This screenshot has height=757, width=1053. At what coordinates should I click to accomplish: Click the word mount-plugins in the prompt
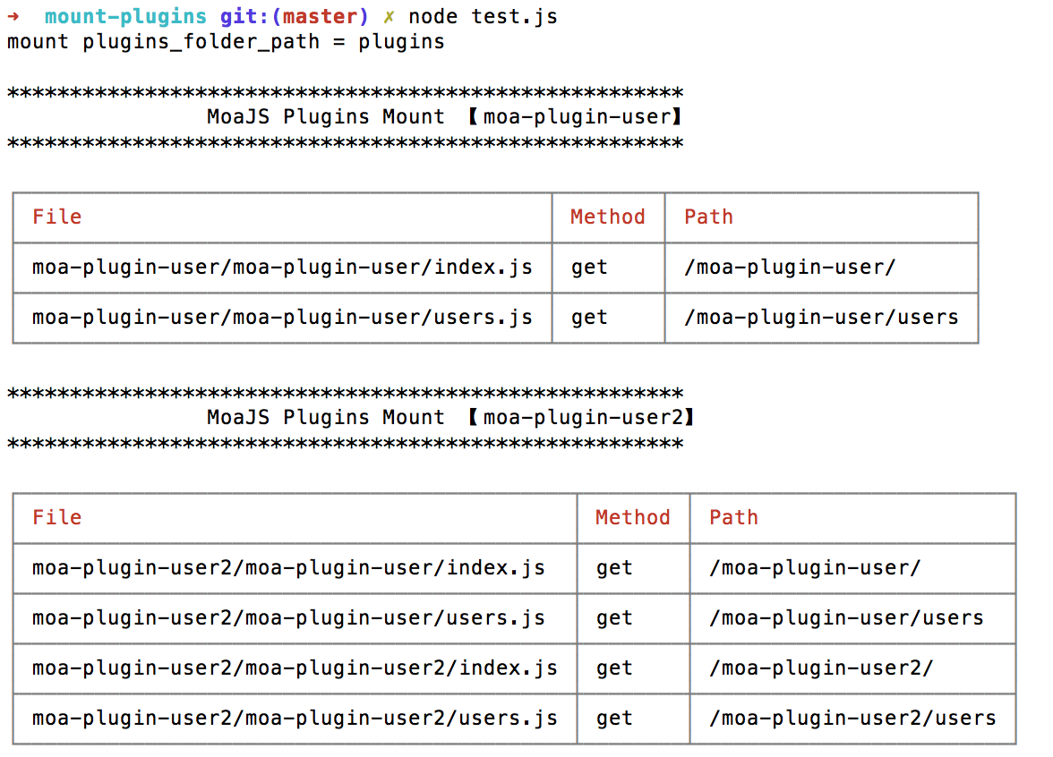[x=125, y=17]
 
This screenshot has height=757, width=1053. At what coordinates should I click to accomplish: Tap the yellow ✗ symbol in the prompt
[x=389, y=17]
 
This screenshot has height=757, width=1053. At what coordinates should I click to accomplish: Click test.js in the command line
[x=514, y=17]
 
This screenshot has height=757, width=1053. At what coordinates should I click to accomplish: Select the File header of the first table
[x=56, y=217]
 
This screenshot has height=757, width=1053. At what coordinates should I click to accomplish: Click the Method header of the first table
[x=607, y=217]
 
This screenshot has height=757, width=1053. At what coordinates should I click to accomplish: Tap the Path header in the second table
[x=733, y=518]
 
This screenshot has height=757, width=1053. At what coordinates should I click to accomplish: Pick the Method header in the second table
[x=632, y=518]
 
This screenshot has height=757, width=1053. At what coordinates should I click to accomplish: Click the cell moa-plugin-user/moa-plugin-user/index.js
[x=282, y=268]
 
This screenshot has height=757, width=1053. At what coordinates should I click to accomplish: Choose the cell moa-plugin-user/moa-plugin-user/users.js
[x=282, y=318]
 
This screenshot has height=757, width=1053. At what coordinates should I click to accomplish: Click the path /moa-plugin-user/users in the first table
[x=821, y=318]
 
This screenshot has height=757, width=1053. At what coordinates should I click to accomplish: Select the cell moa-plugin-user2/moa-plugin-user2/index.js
[x=295, y=668]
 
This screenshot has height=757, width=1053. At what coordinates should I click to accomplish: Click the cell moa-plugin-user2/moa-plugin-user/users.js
[x=288, y=618]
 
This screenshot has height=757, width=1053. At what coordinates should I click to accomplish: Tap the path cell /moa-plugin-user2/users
[x=852, y=719]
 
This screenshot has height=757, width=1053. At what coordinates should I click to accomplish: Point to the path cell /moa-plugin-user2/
[x=821, y=668]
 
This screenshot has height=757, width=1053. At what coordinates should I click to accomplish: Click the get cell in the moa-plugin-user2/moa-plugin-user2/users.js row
[x=614, y=719]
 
